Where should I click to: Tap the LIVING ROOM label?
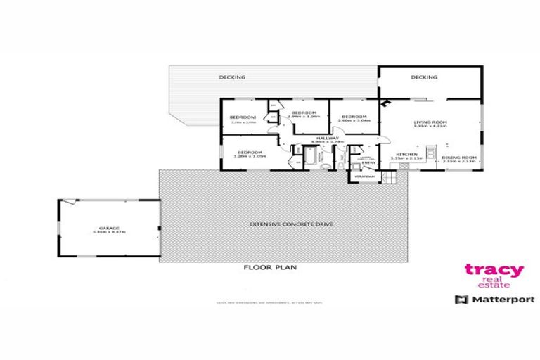(426, 122)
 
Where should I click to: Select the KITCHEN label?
(406, 154)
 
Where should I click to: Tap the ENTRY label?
(369, 163)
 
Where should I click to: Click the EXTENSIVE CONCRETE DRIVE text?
(281, 224)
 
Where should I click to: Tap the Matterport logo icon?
(461, 300)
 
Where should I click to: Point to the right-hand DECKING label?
(424, 77)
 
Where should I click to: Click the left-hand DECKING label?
(231, 77)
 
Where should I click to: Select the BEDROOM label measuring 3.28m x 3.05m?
(250, 153)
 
